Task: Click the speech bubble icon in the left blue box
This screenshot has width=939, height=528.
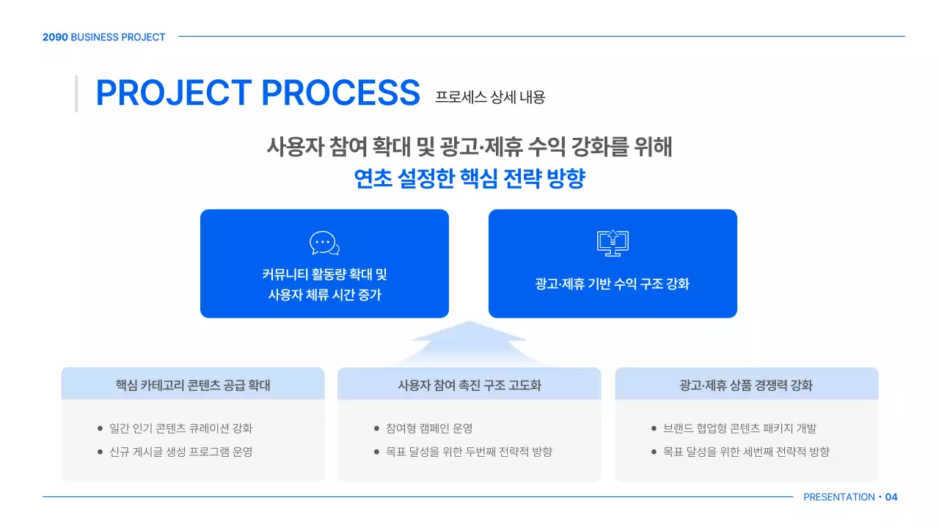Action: (324, 243)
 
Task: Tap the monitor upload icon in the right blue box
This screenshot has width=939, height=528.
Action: (613, 243)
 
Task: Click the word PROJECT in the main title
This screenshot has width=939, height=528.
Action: (174, 93)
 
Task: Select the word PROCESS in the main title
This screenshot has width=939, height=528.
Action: (340, 93)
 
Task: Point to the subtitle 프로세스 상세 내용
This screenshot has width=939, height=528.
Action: (490, 97)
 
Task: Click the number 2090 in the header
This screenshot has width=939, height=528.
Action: (55, 37)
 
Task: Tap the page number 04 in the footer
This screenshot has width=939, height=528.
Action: (891, 497)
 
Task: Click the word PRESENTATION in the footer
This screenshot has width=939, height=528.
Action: (838, 497)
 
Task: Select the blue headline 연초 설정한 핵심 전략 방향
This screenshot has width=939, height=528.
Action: (469, 179)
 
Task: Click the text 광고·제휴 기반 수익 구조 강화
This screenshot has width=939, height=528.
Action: (613, 284)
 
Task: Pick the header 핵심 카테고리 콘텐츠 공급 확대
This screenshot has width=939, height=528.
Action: (193, 385)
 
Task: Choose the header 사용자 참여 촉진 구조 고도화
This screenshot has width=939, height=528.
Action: (469, 385)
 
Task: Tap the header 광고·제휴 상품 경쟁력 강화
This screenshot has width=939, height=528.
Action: (746, 385)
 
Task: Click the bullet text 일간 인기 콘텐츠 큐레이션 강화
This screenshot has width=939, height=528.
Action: (180, 428)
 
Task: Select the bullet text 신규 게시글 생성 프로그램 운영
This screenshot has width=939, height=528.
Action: (180, 452)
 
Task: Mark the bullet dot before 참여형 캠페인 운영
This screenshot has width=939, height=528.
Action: (377, 428)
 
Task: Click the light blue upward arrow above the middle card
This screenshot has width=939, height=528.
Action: (469, 342)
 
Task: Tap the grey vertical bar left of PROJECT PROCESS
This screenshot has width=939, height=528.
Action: (76, 93)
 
